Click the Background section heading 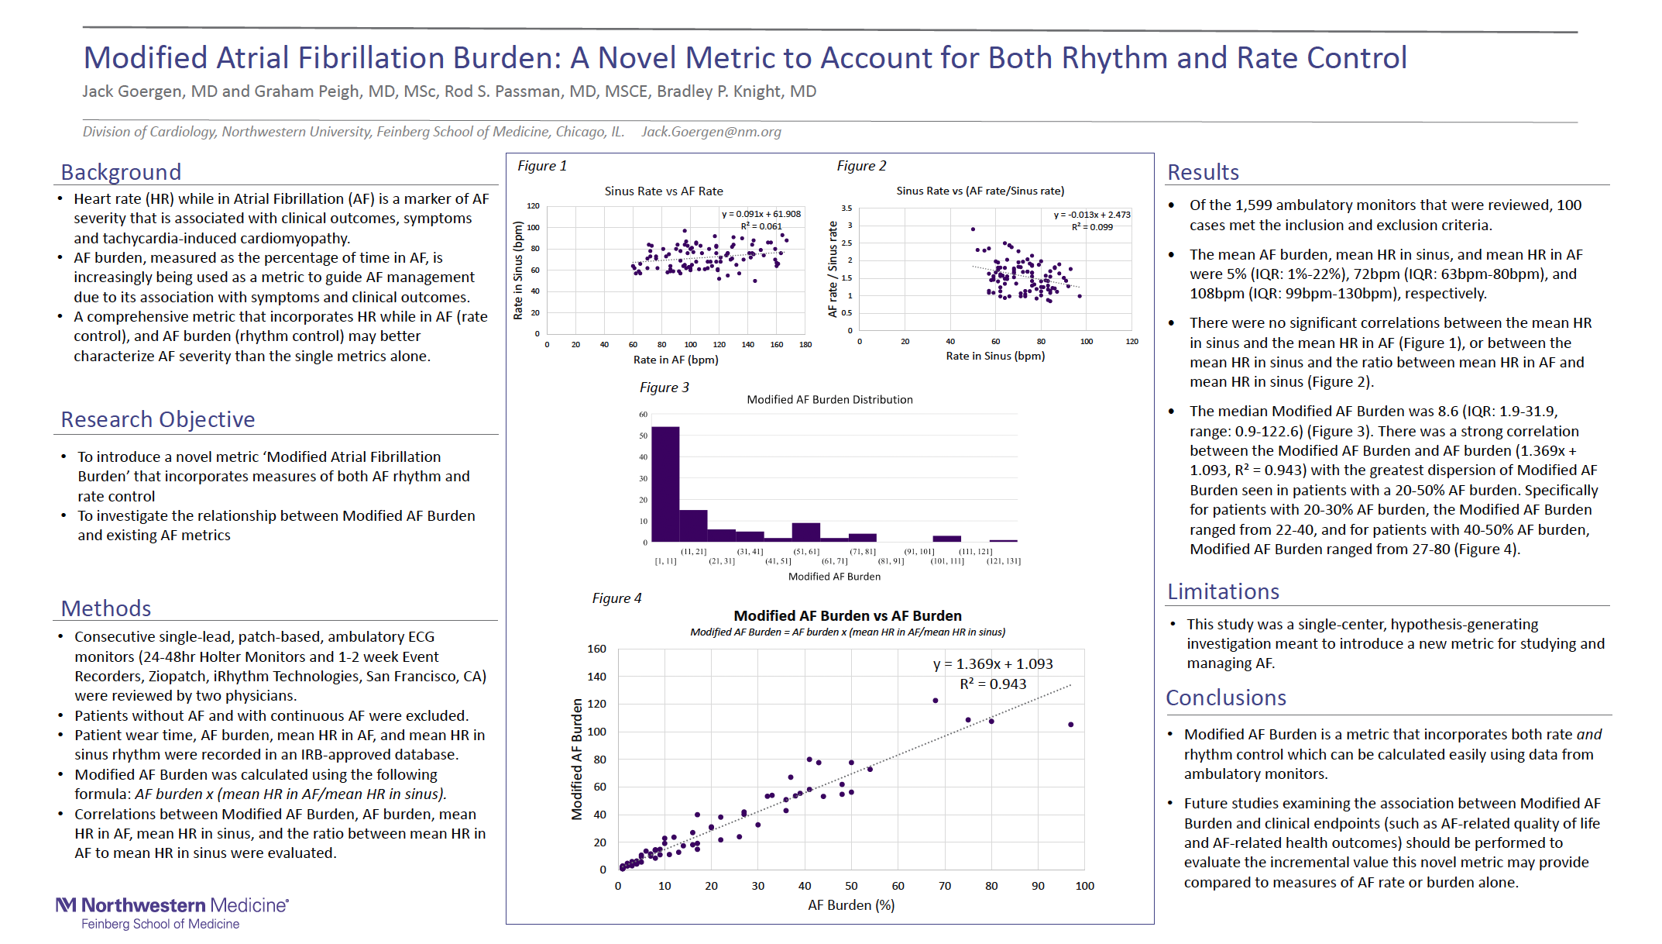point(121,172)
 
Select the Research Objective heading point(158,419)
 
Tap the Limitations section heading point(1223,591)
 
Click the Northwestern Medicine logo point(172,913)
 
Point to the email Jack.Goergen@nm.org point(711,132)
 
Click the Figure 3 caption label point(664,388)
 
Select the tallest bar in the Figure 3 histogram point(665,484)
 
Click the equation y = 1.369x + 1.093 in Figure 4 point(993,664)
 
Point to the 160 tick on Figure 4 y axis point(596,649)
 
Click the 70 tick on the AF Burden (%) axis point(945,886)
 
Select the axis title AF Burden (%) point(851,905)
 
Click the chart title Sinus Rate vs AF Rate point(664,191)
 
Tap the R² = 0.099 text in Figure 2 point(1092,227)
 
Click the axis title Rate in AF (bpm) point(675,360)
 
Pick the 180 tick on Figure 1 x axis point(805,345)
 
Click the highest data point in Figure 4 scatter point(936,701)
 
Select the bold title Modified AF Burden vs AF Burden point(847,615)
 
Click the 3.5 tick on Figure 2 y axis point(846,208)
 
